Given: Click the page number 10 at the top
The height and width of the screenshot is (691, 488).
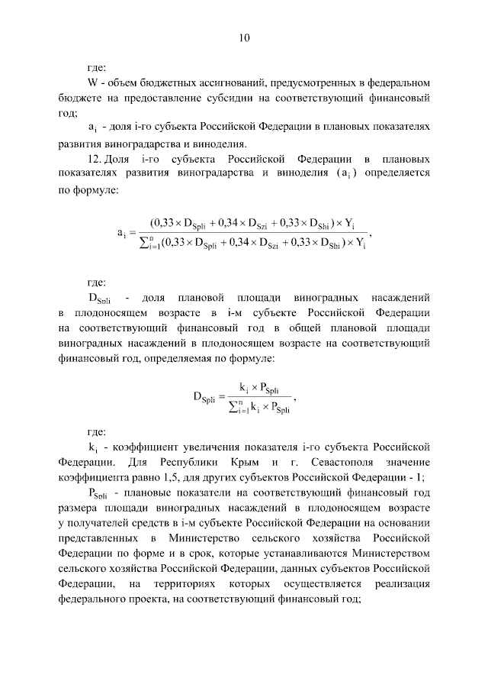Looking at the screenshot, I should pyautogui.click(x=244, y=37).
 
